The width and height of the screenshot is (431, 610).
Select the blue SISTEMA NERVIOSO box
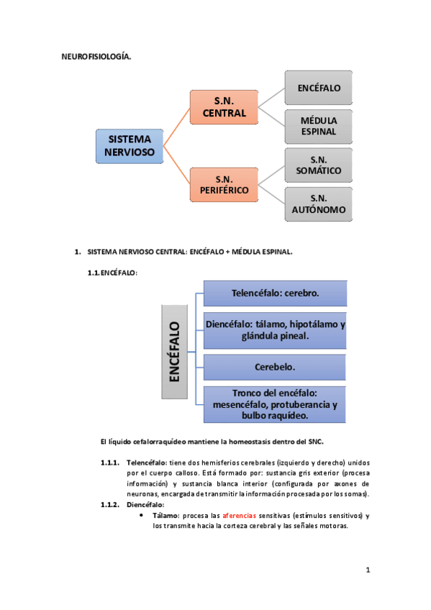pos(130,145)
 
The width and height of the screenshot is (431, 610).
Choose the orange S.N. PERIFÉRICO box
pos(224,184)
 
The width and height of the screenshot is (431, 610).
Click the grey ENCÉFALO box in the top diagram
pos(319,88)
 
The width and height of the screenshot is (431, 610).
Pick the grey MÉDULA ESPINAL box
pos(319,126)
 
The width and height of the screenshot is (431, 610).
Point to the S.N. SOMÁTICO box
pos(319,165)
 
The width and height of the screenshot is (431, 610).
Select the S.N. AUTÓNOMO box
pos(319,204)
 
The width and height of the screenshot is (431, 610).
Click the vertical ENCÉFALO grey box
pos(174,351)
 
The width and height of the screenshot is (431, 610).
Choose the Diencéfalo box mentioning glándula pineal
pos(276,330)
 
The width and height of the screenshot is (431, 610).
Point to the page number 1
pos(367,570)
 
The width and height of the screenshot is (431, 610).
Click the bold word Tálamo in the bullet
pos(165,516)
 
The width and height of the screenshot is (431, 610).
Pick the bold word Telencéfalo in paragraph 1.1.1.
pos(147,461)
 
